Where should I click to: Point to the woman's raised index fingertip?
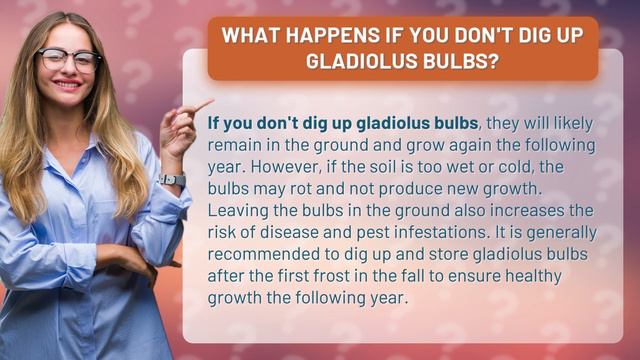click(x=210, y=101)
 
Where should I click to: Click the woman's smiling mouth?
click(x=68, y=86)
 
